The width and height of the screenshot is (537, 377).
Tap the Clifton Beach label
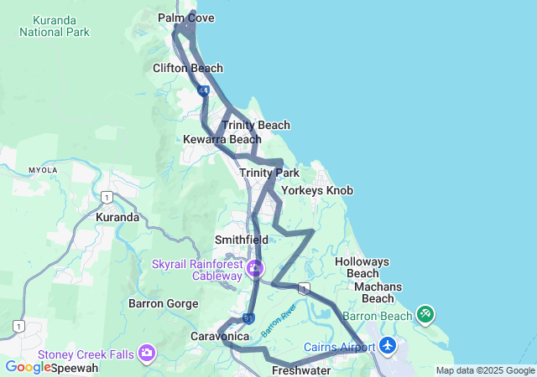pos(188,68)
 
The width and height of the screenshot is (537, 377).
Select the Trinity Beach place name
pos(256,125)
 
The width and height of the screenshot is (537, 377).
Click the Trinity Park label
pos(269,173)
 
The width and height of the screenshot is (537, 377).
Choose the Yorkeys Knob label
pos(317,190)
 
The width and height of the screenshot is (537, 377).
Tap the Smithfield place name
pos(241,239)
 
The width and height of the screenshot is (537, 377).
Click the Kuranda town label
pos(117,217)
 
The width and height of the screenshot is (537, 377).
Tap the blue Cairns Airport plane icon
pos(388,345)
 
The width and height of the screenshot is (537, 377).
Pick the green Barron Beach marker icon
pos(425,315)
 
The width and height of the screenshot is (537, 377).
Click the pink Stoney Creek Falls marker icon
pos(148,354)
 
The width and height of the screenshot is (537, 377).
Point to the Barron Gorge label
pos(163,303)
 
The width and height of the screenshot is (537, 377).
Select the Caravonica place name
pos(215,336)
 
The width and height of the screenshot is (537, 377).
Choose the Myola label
pos(43,169)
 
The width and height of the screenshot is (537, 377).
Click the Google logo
pos(29,367)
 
